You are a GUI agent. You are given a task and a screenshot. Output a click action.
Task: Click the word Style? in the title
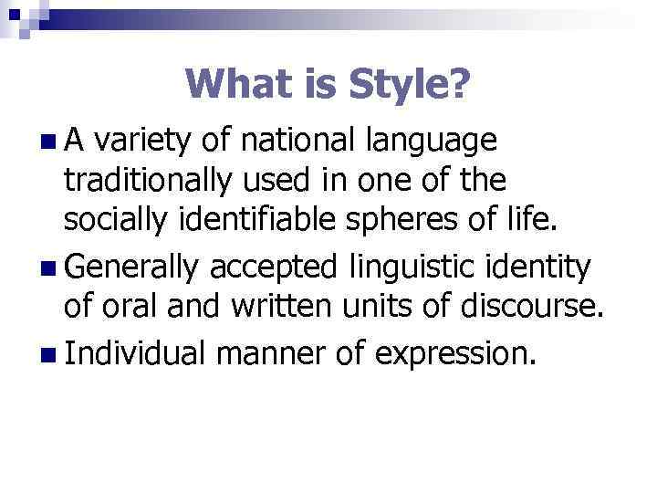pos(405,85)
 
